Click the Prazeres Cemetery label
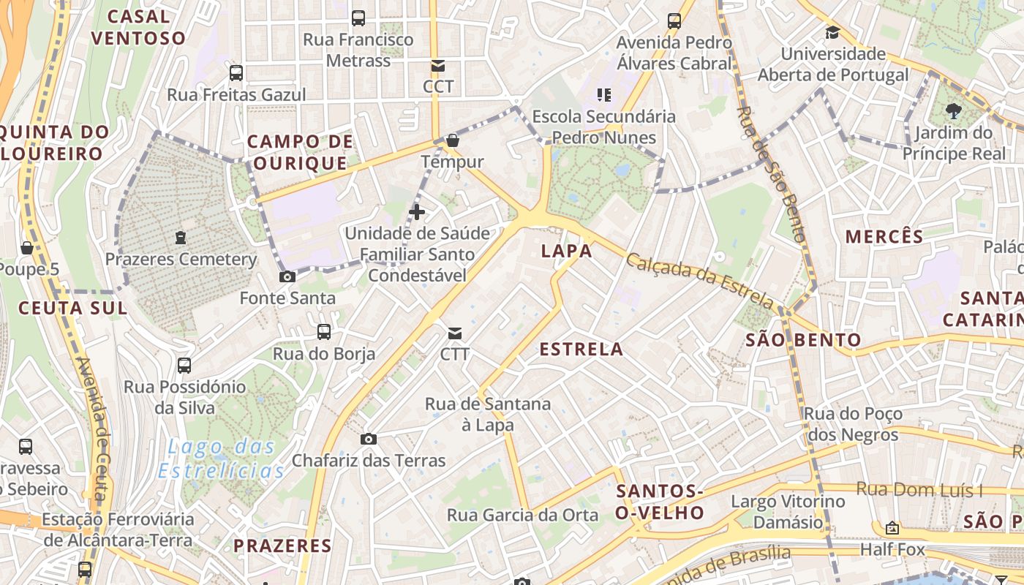pos(181,260)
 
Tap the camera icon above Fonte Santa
pos(287,276)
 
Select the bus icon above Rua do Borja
pos(324,332)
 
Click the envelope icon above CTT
pos(454,333)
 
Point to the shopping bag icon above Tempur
pos(453,140)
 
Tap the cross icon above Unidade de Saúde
pos(417,213)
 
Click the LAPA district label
pos(566,251)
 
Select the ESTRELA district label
pos(581,350)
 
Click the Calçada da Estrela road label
pos(699,280)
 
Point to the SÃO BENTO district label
pos(803,340)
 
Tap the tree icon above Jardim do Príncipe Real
pos(952,111)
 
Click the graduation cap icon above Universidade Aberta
pos(832,32)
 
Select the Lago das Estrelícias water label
pos(221,458)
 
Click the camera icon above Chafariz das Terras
pos(369,439)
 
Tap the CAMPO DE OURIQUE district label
pos(299,152)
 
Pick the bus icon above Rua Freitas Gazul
pos(236,73)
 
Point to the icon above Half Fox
pos(892,528)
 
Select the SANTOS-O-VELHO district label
pos(659,502)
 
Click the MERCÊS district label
pos(884,236)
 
